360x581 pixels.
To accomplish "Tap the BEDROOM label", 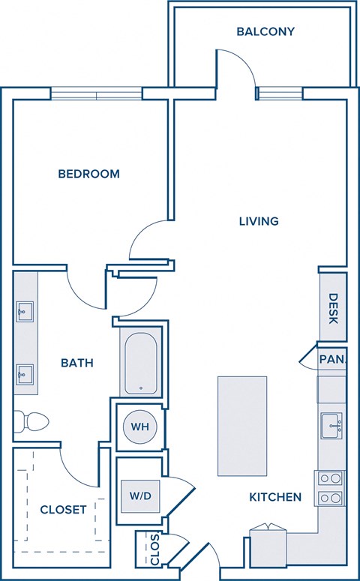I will [89, 174].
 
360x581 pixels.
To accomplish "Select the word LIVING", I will [259, 221].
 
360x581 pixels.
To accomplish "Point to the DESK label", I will [332, 308].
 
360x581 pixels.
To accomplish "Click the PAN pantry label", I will [331, 360].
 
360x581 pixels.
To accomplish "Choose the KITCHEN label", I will [275, 497].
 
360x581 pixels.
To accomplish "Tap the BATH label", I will [77, 363].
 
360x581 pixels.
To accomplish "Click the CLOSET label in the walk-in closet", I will [63, 510].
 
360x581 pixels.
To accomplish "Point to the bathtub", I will [140, 363].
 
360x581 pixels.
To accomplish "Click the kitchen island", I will [242, 425].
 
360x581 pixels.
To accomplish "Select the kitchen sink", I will [331, 427].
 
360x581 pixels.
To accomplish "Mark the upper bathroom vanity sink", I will [24, 310].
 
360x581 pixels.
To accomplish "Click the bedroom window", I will [96, 94].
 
